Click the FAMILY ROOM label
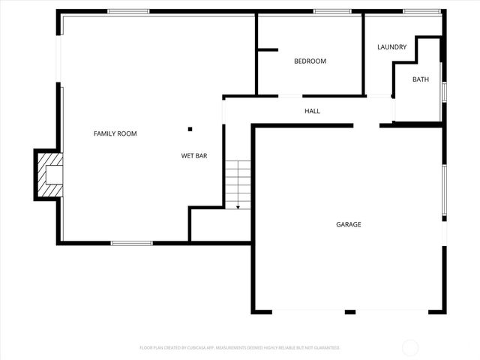(x=115, y=133)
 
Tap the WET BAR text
(x=193, y=156)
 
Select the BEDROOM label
(x=310, y=61)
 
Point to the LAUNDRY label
(x=391, y=47)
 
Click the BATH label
(x=420, y=79)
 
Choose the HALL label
(x=312, y=111)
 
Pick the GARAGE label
(x=348, y=224)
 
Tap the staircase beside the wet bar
(x=238, y=183)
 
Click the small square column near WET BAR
(x=190, y=129)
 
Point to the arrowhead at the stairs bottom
(x=238, y=206)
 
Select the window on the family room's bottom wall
(x=132, y=243)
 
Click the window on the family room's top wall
(x=128, y=11)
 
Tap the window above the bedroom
(x=332, y=11)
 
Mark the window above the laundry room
(x=421, y=11)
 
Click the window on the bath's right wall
(x=444, y=91)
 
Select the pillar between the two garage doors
(x=349, y=311)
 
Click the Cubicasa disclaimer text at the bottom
(x=240, y=348)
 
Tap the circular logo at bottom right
(x=410, y=347)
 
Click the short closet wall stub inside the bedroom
(x=268, y=50)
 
